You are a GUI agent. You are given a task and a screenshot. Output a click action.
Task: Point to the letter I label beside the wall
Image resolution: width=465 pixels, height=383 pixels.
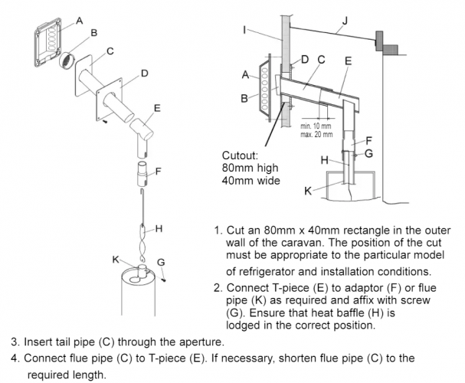(244, 31)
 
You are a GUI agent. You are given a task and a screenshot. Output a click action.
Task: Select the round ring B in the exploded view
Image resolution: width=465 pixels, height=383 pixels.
(68, 57)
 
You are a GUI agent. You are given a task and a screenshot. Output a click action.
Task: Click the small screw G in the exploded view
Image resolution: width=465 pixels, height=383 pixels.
(165, 279)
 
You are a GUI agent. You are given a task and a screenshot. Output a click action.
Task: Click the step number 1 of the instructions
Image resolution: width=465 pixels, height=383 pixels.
(218, 228)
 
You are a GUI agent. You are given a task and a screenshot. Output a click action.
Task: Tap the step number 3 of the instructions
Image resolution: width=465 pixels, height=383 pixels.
(15, 341)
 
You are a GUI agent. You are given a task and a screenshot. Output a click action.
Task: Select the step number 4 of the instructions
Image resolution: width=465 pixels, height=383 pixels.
(15, 357)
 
